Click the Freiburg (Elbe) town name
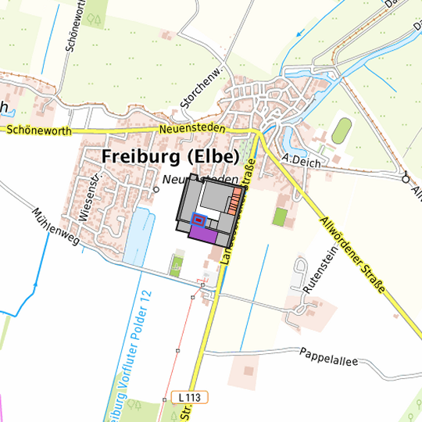click(170, 157)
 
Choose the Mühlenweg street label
click(56, 227)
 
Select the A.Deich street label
click(298, 159)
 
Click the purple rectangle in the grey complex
click(202, 234)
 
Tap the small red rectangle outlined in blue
click(198, 220)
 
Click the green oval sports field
click(341, 131)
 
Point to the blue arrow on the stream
click(302, 34)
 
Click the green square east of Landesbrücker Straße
click(279, 216)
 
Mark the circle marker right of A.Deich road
click(405, 179)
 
